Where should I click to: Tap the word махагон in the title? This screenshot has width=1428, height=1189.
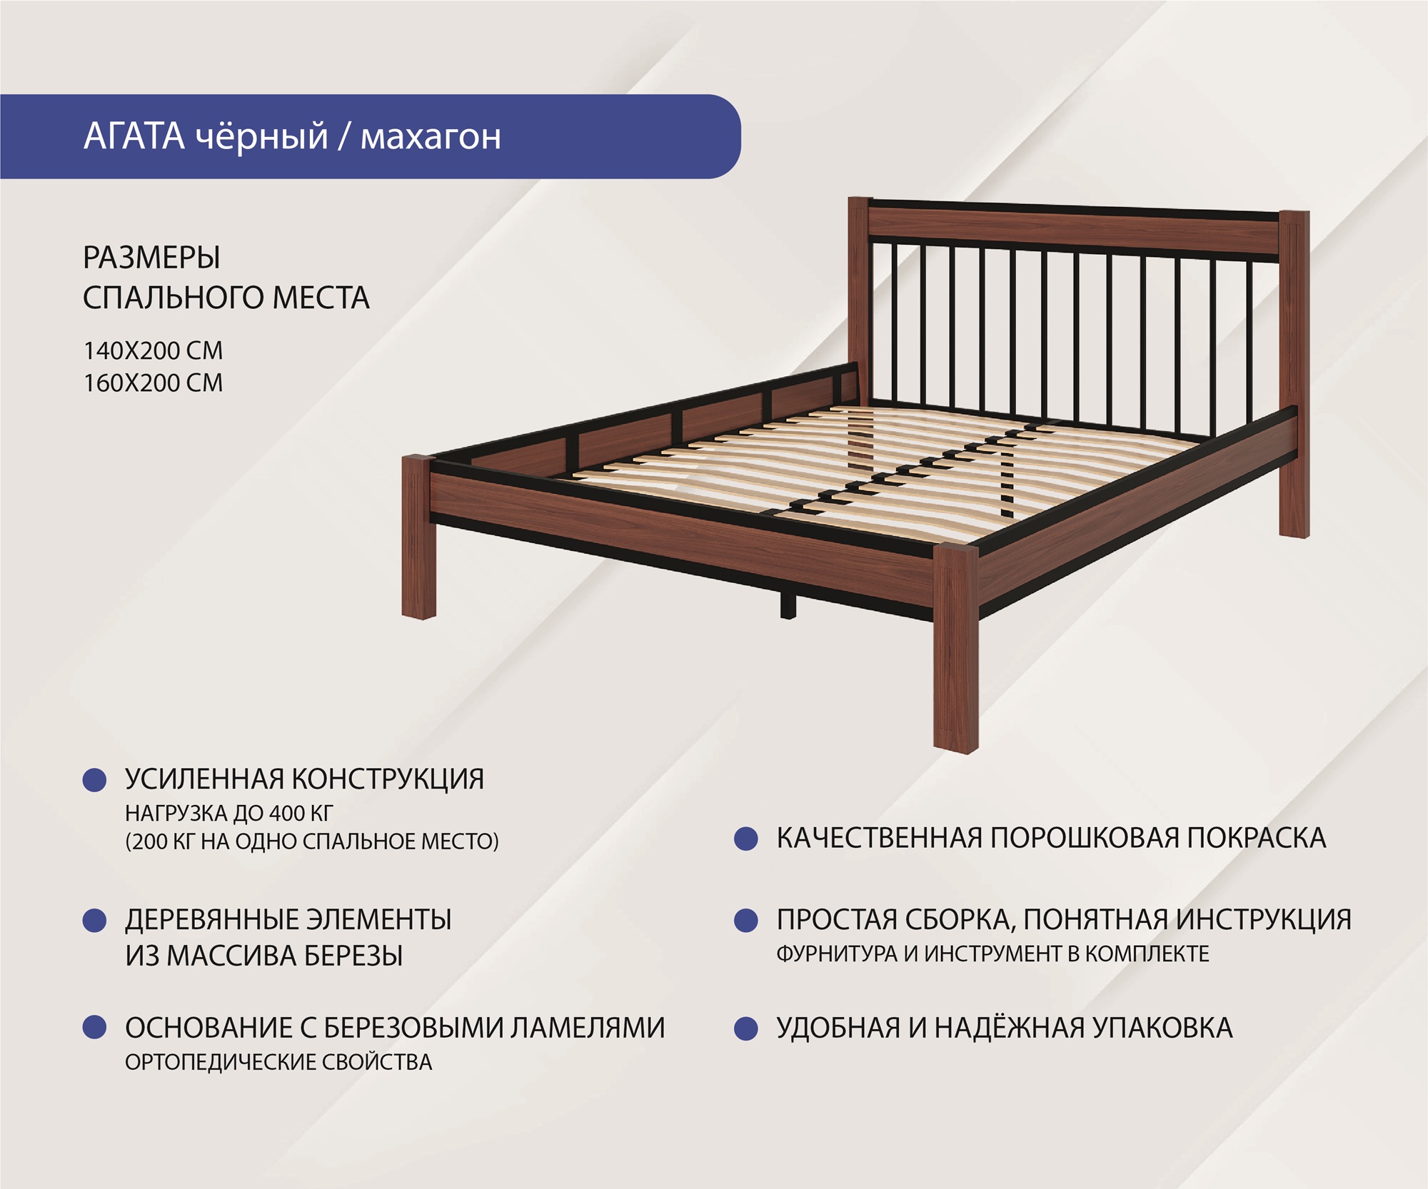pos(431,137)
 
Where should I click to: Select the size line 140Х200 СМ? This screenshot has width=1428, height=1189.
pos(154,350)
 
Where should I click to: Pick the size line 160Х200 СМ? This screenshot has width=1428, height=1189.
pos(154,383)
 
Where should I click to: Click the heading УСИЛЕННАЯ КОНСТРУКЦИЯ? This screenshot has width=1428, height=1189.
pos(305,779)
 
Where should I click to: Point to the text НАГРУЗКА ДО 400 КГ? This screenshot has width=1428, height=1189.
pos(229,813)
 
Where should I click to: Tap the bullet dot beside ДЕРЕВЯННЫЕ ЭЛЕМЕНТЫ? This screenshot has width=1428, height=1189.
pos(95,921)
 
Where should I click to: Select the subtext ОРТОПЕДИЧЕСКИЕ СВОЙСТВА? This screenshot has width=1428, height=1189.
pos(278,1062)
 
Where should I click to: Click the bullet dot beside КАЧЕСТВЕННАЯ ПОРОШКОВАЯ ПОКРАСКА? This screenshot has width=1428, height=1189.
pos(746,839)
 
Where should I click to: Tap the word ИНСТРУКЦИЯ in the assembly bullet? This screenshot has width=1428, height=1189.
pos(1264,919)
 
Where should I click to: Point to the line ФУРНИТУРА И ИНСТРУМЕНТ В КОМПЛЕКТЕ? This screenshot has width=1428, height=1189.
pos(993,953)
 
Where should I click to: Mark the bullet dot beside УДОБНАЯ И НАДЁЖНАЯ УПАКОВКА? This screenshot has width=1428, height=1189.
pos(746,1029)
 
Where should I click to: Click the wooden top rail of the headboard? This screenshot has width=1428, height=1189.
pos(1073,232)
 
